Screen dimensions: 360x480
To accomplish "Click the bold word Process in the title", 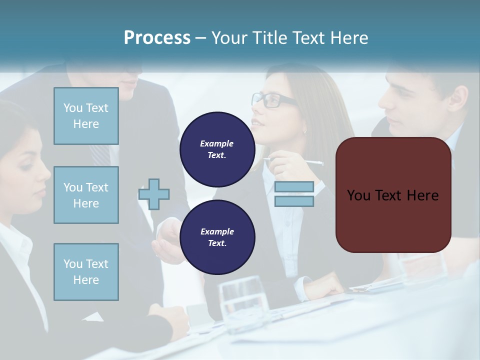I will pos(157,38).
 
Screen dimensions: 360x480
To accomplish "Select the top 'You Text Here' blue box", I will pos(86,116).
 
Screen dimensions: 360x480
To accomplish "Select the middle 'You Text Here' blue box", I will pos(86,195).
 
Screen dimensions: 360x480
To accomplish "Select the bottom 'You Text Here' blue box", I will pos(86,271).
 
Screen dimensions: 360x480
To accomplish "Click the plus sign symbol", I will pos(154,194).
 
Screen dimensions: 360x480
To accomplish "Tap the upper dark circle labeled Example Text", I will pos(217,149).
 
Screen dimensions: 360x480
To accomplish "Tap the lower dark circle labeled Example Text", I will pos(217,237).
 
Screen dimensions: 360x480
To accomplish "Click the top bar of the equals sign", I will pos(294,187).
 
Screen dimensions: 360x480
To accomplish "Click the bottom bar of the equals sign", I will pos(294,201).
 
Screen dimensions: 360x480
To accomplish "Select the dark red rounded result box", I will pos(393,195).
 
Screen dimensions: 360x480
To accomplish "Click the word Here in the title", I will pos(349,38).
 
